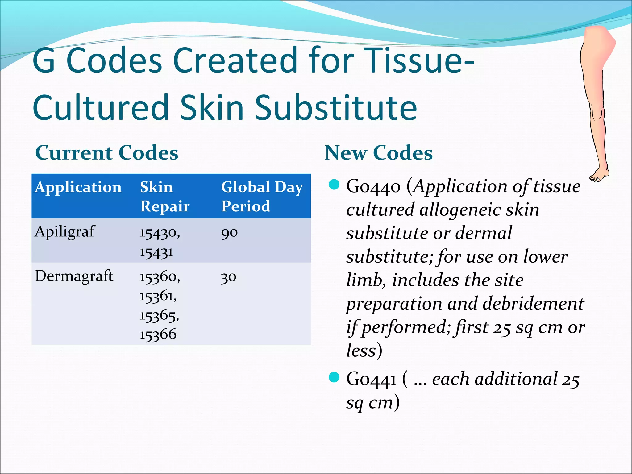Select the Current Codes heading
tap(107, 153)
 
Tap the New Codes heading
tap(378, 153)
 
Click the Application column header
tap(78, 187)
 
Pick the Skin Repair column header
tap(164, 197)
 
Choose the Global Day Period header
tap(262, 197)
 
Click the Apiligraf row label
tap(65, 231)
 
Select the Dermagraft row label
tap(74, 276)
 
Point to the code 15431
tap(156, 252)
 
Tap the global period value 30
tap(228, 277)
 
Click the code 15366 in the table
tap(158, 335)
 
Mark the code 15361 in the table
tap(158, 297)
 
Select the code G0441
tap(371, 380)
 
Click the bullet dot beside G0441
tap(334, 377)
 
